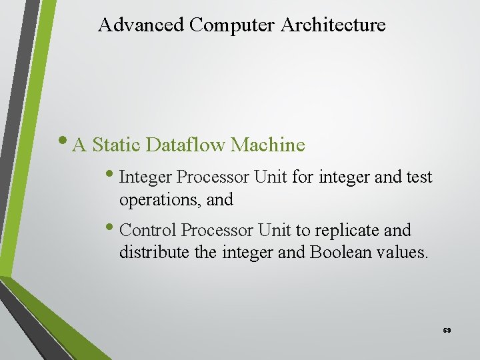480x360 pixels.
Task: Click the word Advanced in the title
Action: [141, 25]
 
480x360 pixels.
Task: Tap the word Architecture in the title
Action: [333, 25]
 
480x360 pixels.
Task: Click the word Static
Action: [117, 145]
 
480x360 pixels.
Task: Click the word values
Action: [403, 253]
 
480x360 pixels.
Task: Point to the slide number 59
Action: [447, 330]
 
